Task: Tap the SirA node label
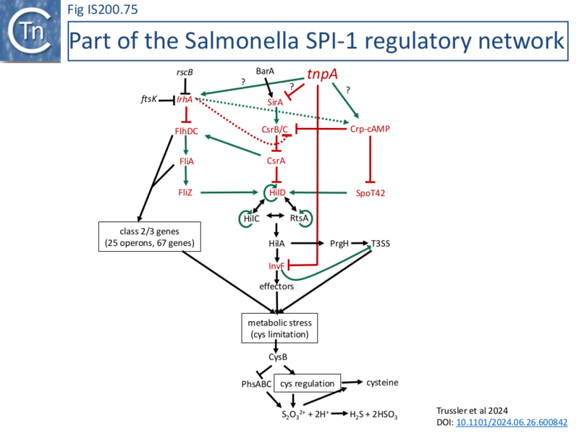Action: click(274, 103)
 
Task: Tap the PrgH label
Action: click(340, 244)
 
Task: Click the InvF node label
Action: click(277, 266)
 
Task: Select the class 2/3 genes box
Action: click(150, 237)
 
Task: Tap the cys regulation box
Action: click(308, 383)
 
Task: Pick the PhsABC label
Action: click(255, 383)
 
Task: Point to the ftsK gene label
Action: click(151, 100)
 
